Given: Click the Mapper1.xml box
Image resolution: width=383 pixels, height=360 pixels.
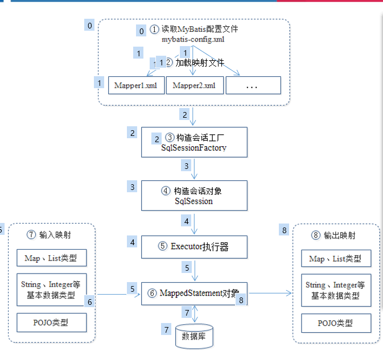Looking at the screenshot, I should (136, 85).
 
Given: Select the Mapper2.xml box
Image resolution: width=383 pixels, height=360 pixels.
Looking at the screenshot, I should (194, 85).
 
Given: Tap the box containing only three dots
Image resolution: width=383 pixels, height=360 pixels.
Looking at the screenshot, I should (253, 85).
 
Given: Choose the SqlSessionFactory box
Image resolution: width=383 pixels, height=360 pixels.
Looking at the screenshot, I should (194, 142).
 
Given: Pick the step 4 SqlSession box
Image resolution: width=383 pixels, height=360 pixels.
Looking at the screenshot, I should (194, 196).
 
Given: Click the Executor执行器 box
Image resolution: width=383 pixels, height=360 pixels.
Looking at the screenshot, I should (194, 247).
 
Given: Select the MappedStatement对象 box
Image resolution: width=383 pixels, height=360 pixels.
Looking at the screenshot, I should (194, 293).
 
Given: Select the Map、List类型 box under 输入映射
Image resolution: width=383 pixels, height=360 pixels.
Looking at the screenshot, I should (51, 259).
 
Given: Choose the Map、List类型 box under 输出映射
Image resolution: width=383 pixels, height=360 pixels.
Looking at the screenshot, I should (335, 259).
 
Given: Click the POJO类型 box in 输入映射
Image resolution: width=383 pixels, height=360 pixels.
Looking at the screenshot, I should (51, 322).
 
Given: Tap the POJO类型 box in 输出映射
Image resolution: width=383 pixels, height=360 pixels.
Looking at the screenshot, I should (335, 322).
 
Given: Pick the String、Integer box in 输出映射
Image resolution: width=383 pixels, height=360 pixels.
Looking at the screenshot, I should (335, 290).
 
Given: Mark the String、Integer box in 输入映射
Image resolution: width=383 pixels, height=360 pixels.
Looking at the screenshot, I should (51, 289).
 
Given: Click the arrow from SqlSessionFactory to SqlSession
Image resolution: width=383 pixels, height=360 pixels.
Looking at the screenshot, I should (195, 169).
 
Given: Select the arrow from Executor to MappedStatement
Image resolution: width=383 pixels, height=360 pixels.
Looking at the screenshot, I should (195, 271).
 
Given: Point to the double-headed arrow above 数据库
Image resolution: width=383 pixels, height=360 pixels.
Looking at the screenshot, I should (195, 313).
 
